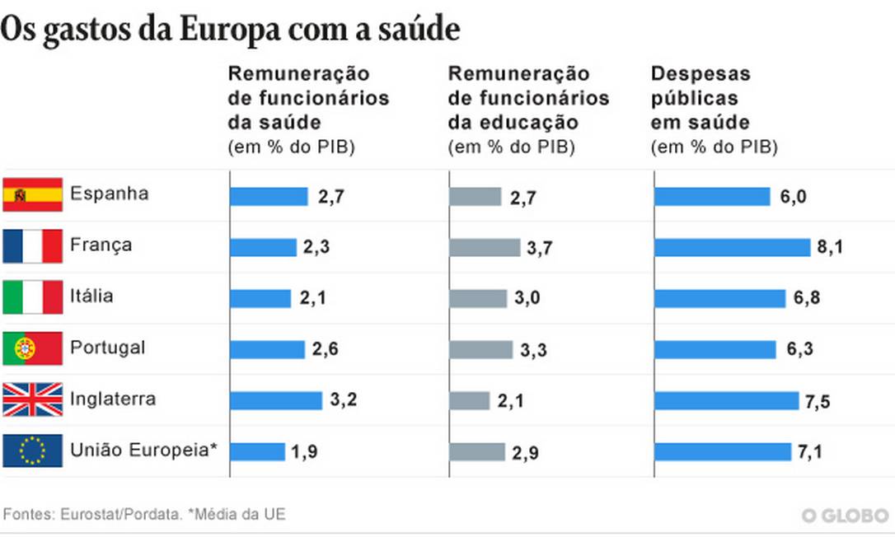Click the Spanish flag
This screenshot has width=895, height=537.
[33, 194]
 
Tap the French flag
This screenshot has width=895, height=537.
[33, 245]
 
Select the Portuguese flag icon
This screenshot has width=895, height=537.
[33, 348]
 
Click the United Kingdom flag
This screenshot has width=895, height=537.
[33, 399]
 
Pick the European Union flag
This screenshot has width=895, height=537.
[33, 451]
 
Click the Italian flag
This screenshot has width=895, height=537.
[33, 297]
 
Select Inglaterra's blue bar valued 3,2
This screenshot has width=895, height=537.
[276, 400]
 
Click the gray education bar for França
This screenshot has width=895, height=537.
[485, 247]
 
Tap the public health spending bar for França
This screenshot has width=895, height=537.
[733, 247]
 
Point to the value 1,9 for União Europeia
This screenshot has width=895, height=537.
[303, 451]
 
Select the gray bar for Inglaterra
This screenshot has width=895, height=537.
[470, 400]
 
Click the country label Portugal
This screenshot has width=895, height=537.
[107, 348]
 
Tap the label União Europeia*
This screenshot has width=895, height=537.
[144, 450]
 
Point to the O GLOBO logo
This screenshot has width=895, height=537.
[845, 516]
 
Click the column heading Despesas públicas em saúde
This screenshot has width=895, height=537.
[701, 98]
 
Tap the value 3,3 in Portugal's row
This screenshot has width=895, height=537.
[533, 350]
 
